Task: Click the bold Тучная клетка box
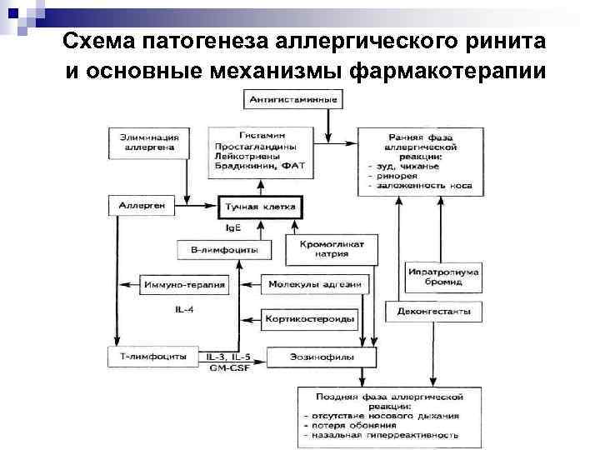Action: click(260, 206)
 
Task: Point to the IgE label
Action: click(235, 227)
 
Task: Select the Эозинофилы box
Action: click(310, 357)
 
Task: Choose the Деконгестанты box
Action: click(433, 312)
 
